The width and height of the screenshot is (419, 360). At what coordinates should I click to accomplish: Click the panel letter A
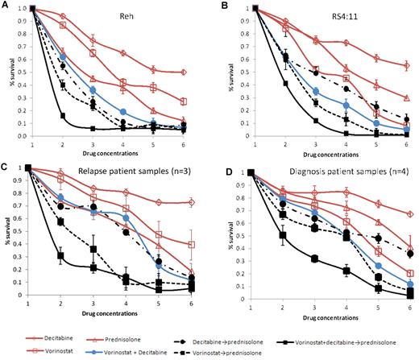tap(6, 6)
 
